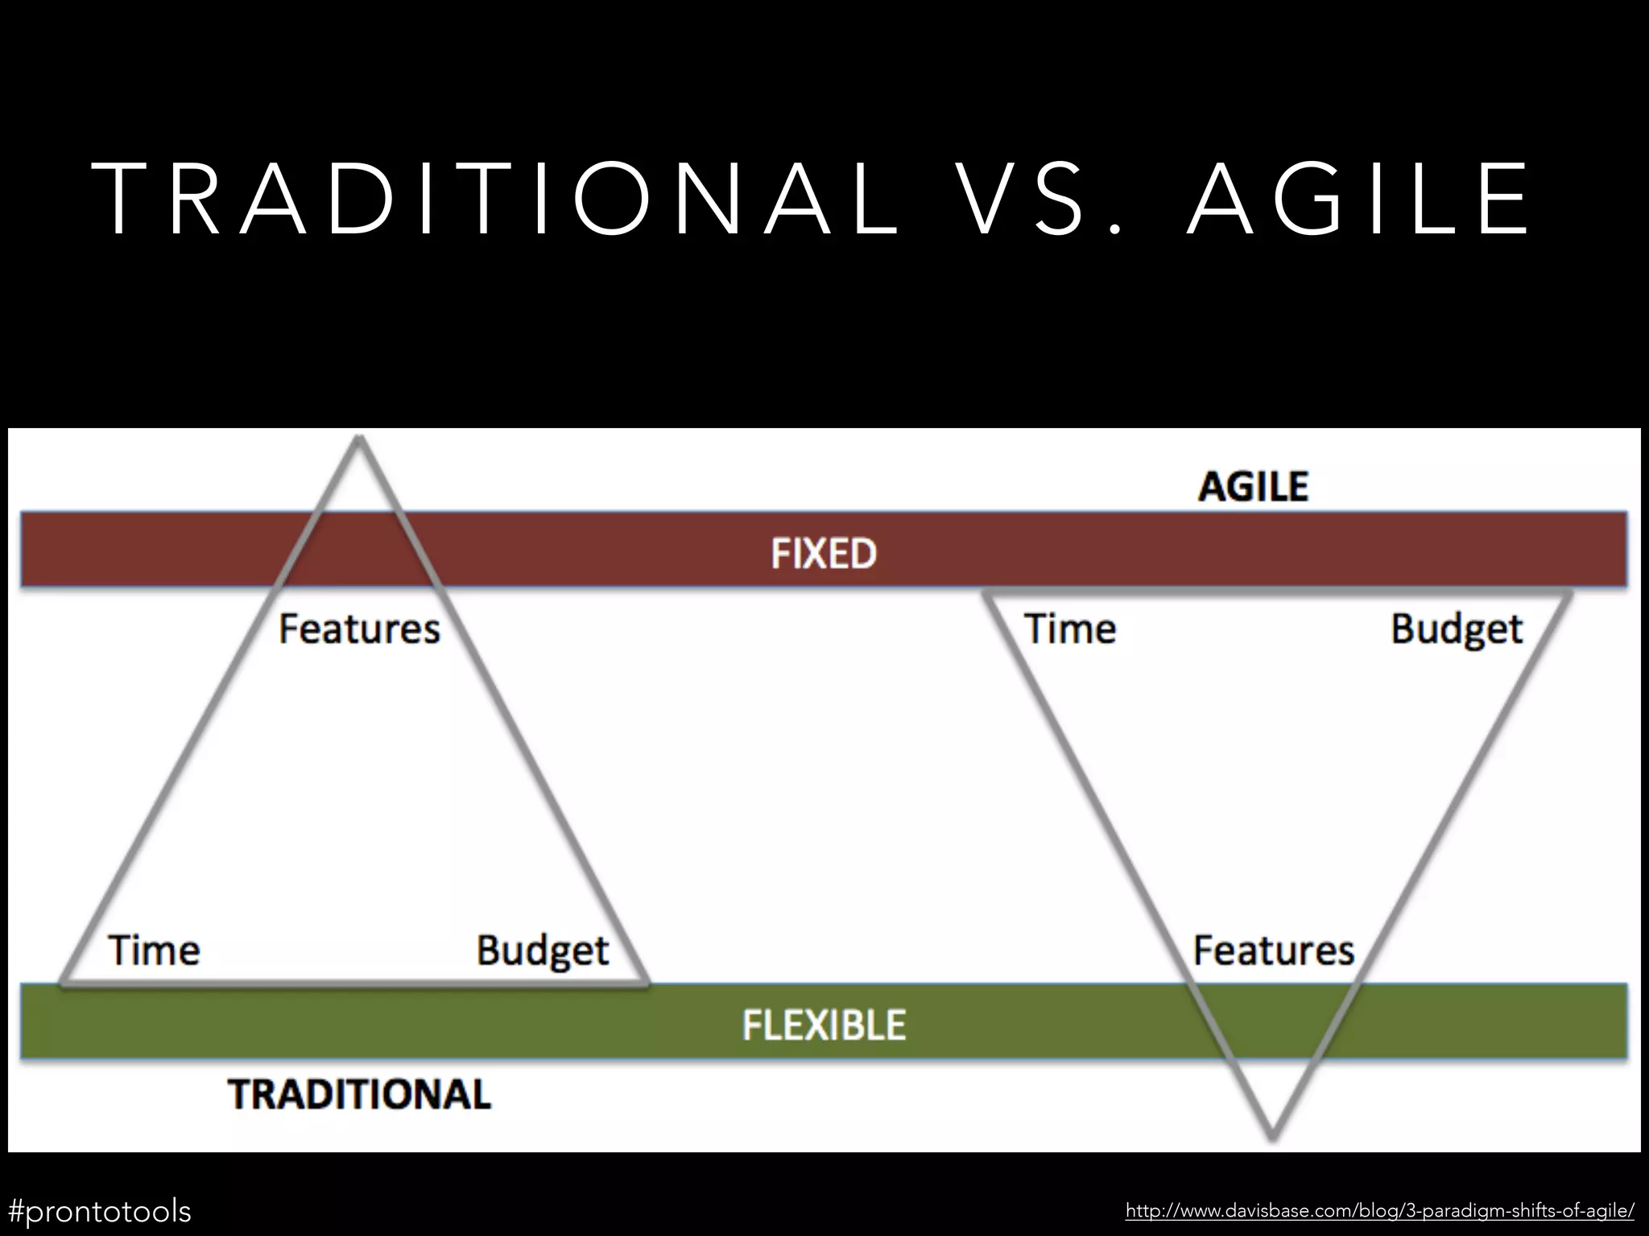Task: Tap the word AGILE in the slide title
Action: pyautogui.click(x=1358, y=199)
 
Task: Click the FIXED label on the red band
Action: pyautogui.click(x=823, y=554)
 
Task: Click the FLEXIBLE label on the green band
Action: pyautogui.click(x=823, y=1025)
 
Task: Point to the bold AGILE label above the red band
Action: pyautogui.click(x=1253, y=487)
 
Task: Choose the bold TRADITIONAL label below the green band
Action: pyautogui.click(x=359, y=1094)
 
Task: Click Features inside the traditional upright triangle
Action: pyautogui.click(x=359, y=628)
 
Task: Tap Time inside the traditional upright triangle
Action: pyautogui.click(x=154, y=950)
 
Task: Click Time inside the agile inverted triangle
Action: pyautogui.click(x=1070, y=628)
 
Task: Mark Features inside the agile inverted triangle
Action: pyautogui.click(x=1273, y=950)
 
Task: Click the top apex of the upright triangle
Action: pyautogui.click(x=359, y=439)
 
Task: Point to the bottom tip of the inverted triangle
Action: pyautogui.click(x=1272, y=1137)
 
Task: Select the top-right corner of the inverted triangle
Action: pyautogui.click(x=1568, y=594)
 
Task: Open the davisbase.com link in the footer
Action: pyautogui.click(x=1379, y=1210)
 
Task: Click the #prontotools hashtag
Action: pyautogui.click(x=100, y=1210)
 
